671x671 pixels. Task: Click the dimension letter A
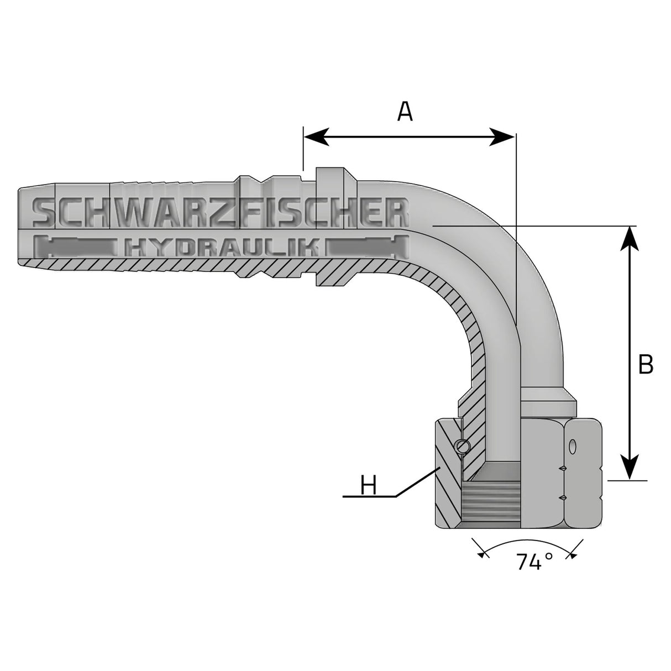[405, 112]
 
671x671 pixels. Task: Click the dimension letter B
[645, 365]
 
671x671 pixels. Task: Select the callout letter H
[368, 486]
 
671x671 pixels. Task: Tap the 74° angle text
[534, 563]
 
